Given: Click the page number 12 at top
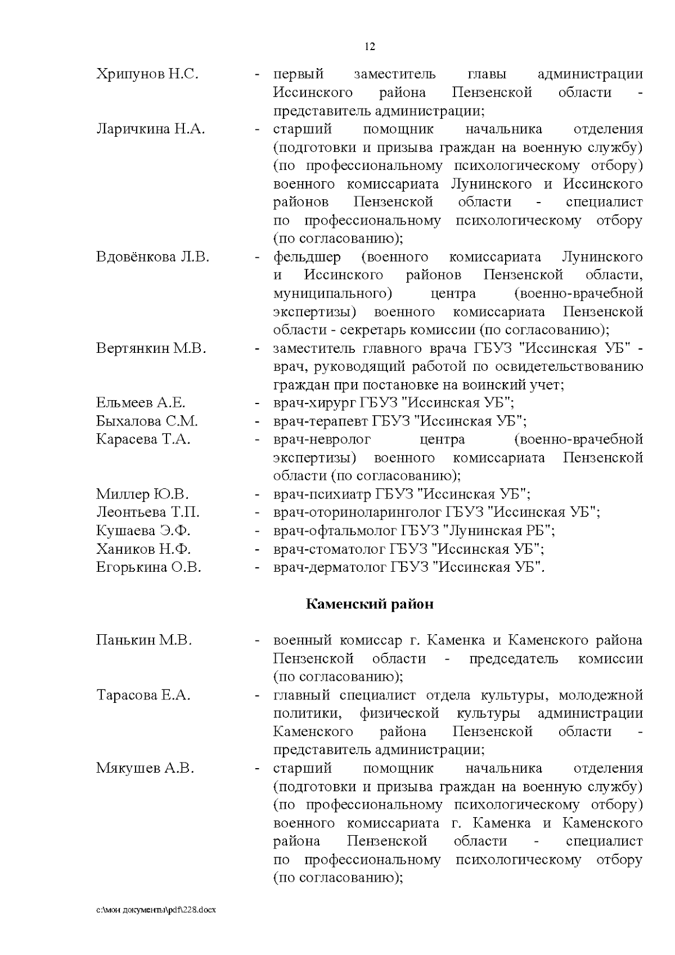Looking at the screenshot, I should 370,47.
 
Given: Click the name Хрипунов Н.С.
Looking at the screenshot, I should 147,74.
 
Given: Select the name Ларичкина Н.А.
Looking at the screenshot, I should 150,129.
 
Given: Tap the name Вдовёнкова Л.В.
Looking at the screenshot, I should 152,257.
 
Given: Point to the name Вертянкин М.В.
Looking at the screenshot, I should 151,348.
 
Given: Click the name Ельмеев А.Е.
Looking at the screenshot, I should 141,403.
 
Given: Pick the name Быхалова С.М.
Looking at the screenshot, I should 147,421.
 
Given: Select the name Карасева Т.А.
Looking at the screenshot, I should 143,440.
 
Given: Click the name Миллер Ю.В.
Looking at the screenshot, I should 142,495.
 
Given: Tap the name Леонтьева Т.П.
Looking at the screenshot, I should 148,513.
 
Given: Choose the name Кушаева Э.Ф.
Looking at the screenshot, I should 143,531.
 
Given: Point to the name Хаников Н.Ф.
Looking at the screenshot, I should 143,549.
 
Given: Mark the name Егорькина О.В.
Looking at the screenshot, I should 148,567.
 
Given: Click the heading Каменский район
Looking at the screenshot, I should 370,604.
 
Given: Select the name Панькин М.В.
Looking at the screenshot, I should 144,640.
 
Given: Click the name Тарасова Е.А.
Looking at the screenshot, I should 143,695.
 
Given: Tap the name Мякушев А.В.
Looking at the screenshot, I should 145,768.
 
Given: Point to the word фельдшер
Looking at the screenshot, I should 307,257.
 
